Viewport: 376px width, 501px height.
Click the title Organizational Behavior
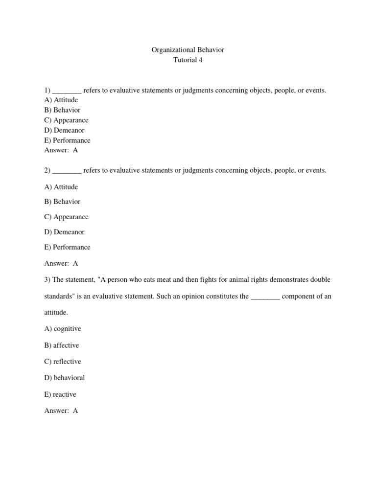pyautogui.click(x=188, y=50)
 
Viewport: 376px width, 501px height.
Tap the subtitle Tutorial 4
pyautogui.click(x=188, y=60)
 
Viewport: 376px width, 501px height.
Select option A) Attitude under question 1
pyautogui.click(x=61, y=100)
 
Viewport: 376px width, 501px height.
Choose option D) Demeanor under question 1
pyautogui.click(x=64, y=130)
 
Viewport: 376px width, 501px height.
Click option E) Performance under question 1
pyautogui.click(x=67, y=140)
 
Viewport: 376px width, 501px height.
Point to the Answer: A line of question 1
pyautogui.click(x=61, y=150)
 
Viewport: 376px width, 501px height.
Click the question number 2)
pyautogui.click(x=47, y=170)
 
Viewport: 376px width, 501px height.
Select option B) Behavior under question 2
pyautogui.click(x=62, y=202)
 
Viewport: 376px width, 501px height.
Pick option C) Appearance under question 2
pyautogui.click(x=66, y=217)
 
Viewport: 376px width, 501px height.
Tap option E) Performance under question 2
pyautogui.click(x=67, y=247)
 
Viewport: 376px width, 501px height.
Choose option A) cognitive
pyautogui.click(x=63, y=329)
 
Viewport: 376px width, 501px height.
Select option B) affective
pyautogui.click(x=61, y=345)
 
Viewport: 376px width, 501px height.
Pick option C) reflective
pyautogui.click(x=63, y=362)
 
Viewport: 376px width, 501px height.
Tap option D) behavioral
pyautogui.click(x=65, y=378)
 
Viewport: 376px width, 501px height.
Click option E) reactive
pyautogui.click(x=60, y=394)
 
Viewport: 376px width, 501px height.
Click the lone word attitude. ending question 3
pyautogui.click(x=56, y=312)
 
